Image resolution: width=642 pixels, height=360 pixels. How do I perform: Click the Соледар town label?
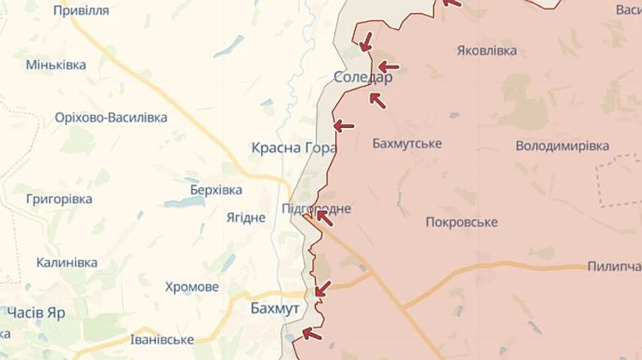(x=362, y=77)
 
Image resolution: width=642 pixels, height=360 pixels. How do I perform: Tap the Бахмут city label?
(x=274, y=308)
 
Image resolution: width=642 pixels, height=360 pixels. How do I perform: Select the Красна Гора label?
(x=293, y=147)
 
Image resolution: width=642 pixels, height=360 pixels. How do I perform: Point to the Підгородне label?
(x=317, y=208)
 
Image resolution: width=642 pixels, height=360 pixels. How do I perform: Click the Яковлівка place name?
(x=487, y=50)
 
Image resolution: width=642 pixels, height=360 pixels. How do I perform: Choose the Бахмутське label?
(x=407, y=143)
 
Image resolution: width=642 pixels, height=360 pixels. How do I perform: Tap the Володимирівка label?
(x=562, y=146)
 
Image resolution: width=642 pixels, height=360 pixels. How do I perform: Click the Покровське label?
(x=461, y=222)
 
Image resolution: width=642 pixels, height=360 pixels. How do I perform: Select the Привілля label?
(x=81, y=10)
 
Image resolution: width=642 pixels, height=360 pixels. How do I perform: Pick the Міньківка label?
(x=56, y=64)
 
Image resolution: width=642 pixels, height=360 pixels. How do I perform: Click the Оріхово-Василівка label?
(x=111, y=117)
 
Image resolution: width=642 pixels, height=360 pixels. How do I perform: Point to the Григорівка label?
(x=59, y=199)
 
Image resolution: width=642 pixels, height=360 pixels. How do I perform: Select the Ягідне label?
(x=246, y=217)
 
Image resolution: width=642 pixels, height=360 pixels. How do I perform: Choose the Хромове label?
(x=192, y=287)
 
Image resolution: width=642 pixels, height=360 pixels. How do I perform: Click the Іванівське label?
(x=163, y=339)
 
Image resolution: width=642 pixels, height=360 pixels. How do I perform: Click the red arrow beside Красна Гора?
(x=344, y=126)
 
